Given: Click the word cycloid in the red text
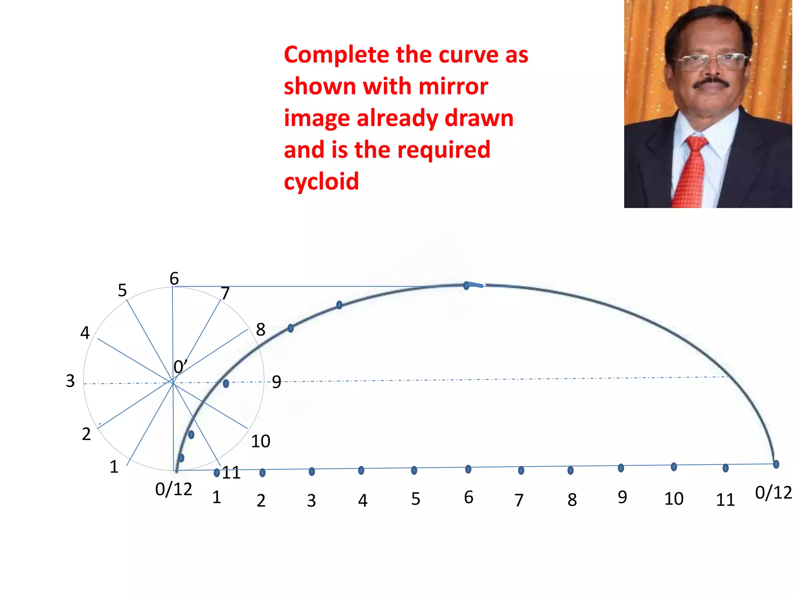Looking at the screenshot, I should click(321, 181).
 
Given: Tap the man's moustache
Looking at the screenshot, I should click(711, 83).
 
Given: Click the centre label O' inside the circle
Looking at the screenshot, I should click(180, 366).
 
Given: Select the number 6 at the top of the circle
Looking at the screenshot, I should click(174, 278).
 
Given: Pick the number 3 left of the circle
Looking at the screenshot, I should click(70, 381).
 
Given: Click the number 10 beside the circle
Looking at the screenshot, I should click(261, 441).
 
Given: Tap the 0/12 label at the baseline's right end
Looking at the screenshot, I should click(773, 493).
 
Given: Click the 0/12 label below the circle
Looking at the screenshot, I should click(174, 489).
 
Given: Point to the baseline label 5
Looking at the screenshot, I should click(416, 499).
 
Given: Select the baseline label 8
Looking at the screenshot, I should click(572, 500).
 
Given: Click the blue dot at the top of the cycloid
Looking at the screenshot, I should click(466, 286).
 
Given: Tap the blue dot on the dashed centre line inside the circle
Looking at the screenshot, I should click(226, 383).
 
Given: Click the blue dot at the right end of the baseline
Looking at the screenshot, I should click(776, 464).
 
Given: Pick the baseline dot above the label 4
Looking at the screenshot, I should click(361, 470).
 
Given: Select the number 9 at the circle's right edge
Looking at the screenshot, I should click(276, 382).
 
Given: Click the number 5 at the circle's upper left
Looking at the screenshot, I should click(122, 290).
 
